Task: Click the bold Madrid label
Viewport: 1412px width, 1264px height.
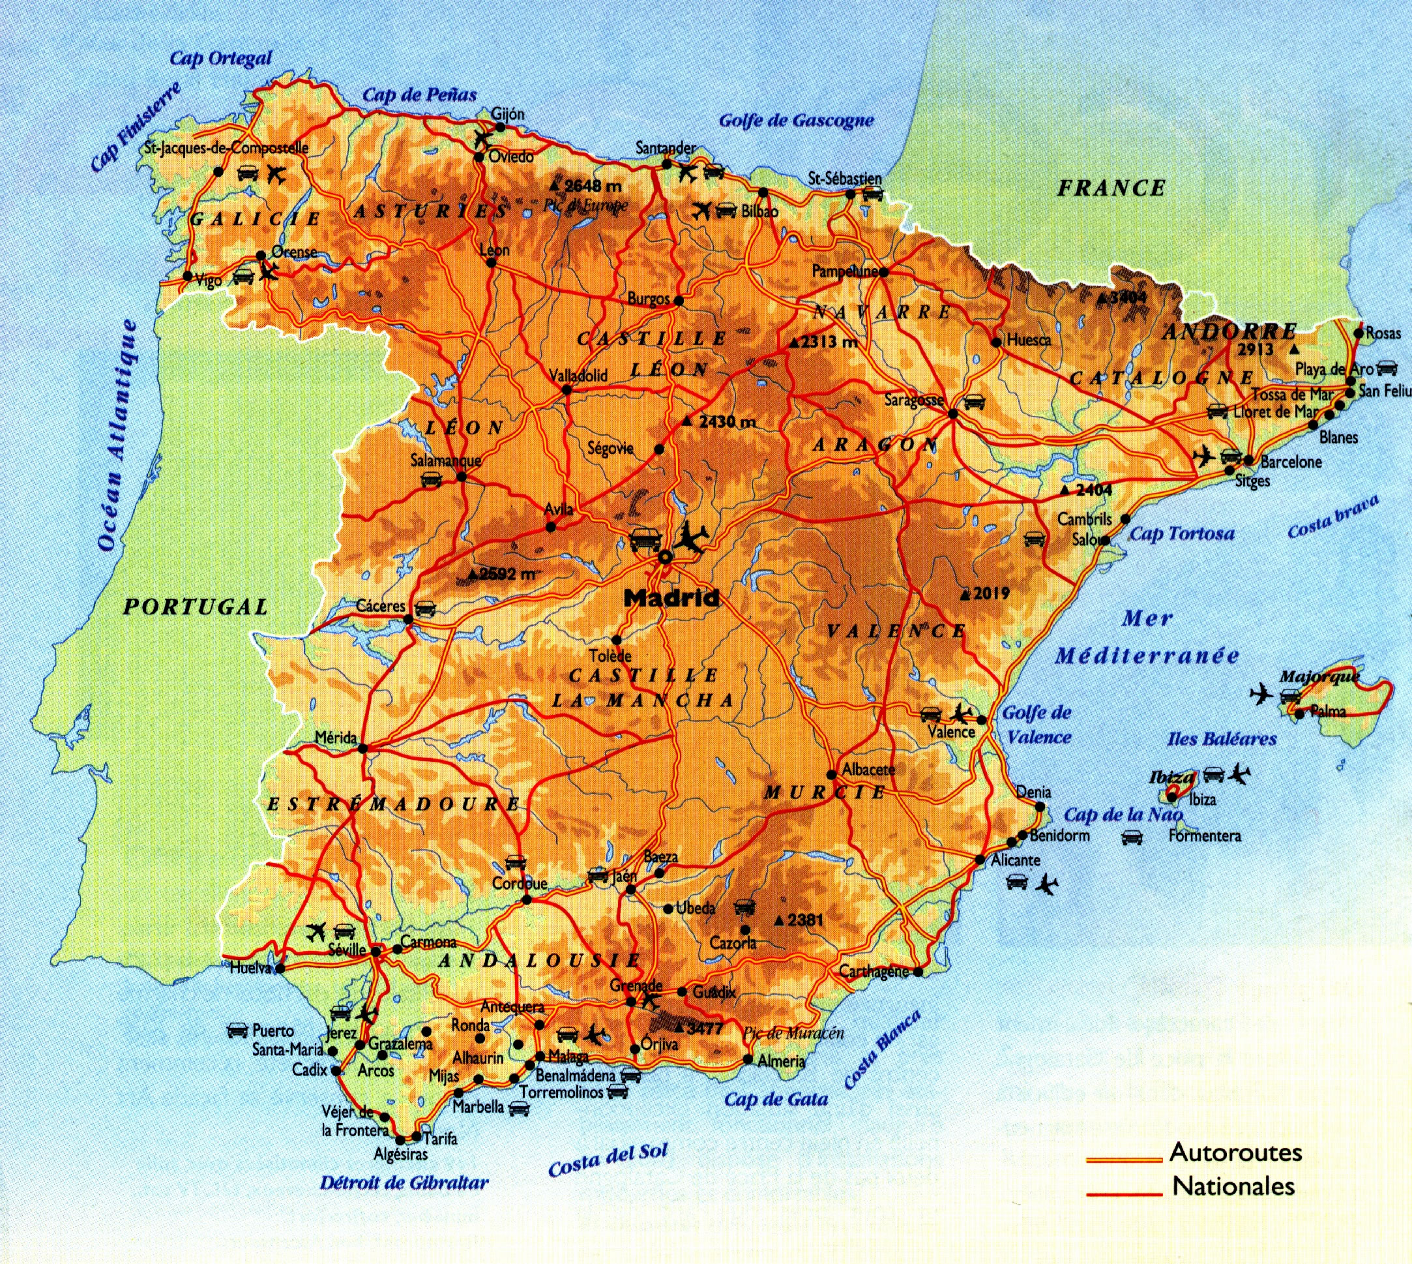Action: [x=671, y=598]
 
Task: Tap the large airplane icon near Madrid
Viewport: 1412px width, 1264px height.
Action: [x=692, y=537]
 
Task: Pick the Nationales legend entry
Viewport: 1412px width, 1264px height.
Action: [x=1233, y=1186]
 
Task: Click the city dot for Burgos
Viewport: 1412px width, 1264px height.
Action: [x=679, y=301]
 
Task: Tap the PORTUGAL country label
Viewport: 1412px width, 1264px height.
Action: [x=196, y=607]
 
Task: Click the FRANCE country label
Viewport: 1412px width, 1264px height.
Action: [x=1111, y=188]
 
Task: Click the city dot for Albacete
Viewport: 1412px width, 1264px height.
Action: [x=832, y=774]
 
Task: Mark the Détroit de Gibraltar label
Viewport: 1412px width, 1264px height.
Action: [x=404, y=1182]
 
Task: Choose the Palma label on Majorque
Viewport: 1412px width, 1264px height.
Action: [x=1328, y=711]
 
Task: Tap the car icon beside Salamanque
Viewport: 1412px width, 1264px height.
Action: [x=431, y=479]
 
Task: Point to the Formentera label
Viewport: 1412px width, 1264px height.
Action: [x=1205, y=836]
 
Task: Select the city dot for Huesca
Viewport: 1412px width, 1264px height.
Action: [x=996, y=342]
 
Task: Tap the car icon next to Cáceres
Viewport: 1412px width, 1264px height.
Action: [x=425, y=609]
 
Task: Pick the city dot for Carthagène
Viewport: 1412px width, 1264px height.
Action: [x=918, y=972]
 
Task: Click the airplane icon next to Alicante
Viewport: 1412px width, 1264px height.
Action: [x=1046, y=885]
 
